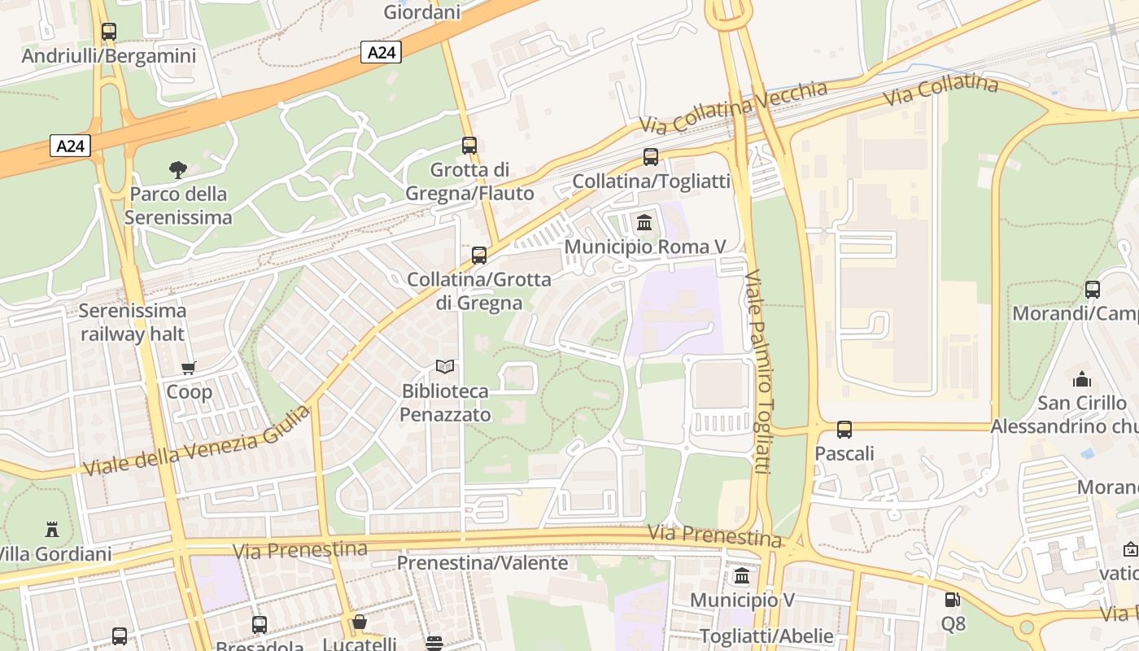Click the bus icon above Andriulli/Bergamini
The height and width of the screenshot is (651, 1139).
(x=108, y=32)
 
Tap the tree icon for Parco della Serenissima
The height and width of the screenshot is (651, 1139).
(x=178, y=170)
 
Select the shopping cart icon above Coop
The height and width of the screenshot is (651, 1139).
(x=189, y=368)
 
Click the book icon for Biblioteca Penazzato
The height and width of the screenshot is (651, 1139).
(x=444, y=367)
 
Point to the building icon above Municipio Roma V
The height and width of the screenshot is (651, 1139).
(x=644, y=222)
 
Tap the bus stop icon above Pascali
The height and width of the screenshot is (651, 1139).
(x=844, y=430)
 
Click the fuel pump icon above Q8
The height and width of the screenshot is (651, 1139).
(x=952, y=600)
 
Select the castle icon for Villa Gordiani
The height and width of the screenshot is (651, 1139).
(x=52, y=530)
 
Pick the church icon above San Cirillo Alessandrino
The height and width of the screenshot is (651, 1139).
(x=1081, y=379)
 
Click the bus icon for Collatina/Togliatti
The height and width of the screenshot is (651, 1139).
(x=651, y=157)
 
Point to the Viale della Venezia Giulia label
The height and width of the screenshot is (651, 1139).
(x=197, y=442)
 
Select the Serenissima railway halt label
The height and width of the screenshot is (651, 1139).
(x=133, y=322)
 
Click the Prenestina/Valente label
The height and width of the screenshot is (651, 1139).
(x=482, y=563)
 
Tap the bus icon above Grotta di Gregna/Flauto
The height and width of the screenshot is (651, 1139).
(x=469, y=146)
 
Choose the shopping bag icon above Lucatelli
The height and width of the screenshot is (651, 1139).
(x=360, y=623)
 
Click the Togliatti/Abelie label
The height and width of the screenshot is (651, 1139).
(x=766, y=636)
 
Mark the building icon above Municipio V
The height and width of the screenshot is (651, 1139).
(x=742, y=576)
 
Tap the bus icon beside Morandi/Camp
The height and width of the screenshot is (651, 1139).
(x=1093, y=290)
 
